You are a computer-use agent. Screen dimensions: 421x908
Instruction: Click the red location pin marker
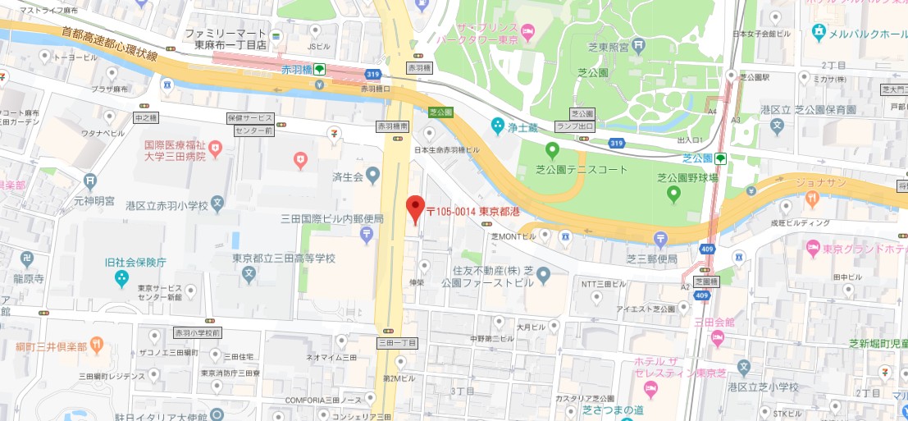coord(416,208)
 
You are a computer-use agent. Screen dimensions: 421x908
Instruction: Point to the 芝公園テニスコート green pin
coord(552,150)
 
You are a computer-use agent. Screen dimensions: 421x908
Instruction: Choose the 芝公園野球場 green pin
coord(673,194)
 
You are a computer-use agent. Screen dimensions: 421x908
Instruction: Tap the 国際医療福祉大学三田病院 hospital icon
coord(215,148)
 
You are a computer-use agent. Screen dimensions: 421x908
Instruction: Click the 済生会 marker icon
coord(372,174)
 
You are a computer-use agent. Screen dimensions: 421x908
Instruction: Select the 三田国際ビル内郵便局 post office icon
coord(365,235)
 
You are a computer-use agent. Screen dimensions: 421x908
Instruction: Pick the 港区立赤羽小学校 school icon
coord(217,203)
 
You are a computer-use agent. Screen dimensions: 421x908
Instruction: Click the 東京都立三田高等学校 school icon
coord(249,274)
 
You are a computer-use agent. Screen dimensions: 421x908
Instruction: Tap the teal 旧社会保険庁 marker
coord(121,279)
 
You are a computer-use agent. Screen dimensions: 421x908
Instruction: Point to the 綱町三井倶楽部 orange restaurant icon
coord(97,344)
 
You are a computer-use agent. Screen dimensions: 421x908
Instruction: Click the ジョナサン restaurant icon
coord(812,198)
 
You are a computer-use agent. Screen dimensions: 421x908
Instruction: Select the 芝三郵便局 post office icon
coord(661,240)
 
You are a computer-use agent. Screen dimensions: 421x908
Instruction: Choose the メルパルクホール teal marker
coord(818,33)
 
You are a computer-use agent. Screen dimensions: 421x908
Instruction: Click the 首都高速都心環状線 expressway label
coord(110,45)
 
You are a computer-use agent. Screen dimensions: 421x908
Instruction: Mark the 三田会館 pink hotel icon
coord(718,337)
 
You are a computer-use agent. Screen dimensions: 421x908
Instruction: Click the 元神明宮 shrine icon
coord(89,179)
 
